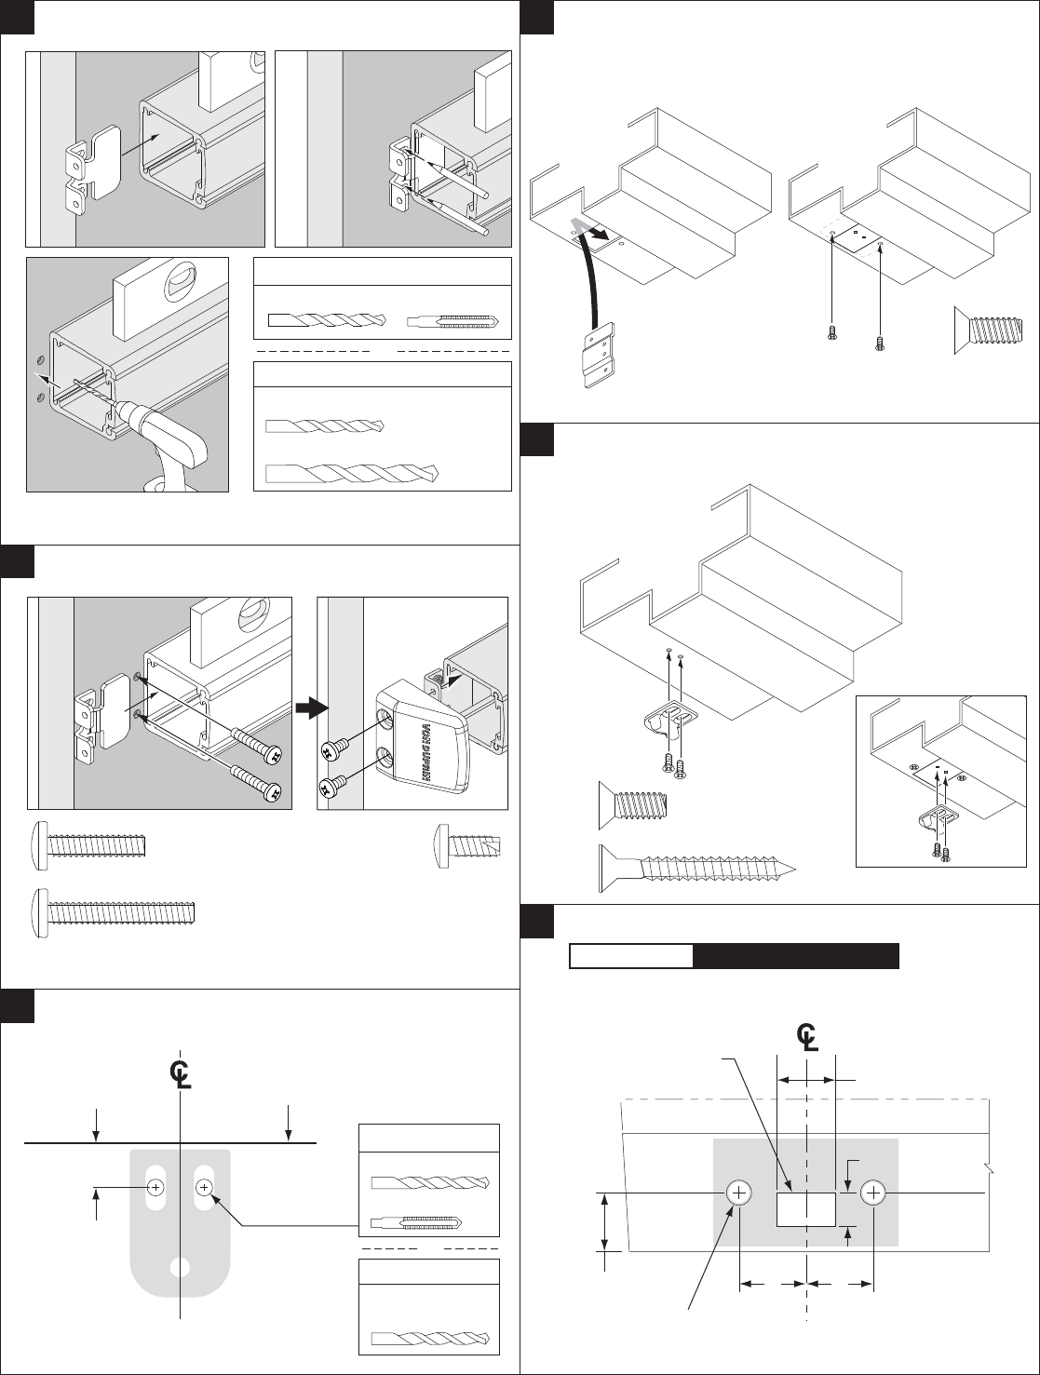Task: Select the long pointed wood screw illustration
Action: click(697, 868)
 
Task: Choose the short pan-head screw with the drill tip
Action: click(467, 845)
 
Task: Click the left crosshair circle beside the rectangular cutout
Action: click(739, 1193)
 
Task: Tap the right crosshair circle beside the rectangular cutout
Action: click(873, 1193)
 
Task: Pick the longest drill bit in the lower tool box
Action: click(351, 472)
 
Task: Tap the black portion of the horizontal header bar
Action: click(796, 956)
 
